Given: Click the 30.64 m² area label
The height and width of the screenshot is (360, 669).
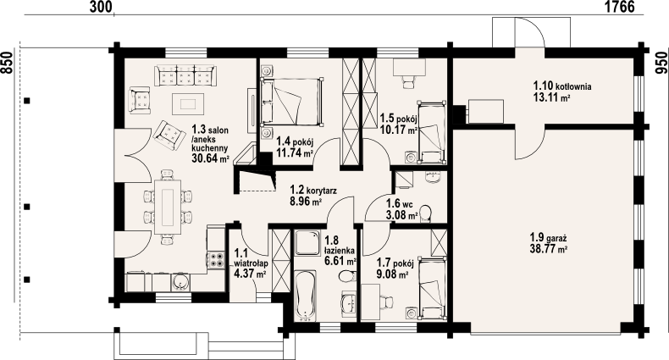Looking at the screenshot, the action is pyautogui.click(x=211, y=158).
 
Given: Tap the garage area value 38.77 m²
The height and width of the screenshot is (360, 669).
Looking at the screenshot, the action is pyautogui.click(x=548, y=249).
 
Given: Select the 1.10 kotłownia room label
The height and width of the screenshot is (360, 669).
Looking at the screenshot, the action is pyautogui.click(x=562, y=86).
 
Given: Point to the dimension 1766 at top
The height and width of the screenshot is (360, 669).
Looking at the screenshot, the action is pyautogui.click(x=619, y=7).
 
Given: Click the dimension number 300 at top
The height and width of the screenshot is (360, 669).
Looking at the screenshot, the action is pyautogui.click(x=102, y=7).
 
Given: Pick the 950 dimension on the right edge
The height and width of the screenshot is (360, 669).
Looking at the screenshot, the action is pyautogui.click(x=661, y=63).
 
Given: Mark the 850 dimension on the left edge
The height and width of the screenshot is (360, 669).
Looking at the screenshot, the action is pyautogui.click(x=7, y=63).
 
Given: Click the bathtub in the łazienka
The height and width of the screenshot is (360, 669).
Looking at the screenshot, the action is pyautogui.click(x=305, y=295).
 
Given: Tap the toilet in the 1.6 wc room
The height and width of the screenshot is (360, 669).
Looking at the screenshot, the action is pyautogui.click(x=425, y=213).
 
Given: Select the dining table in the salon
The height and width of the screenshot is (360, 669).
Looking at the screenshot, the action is pyautogui.click(x=168, y=207).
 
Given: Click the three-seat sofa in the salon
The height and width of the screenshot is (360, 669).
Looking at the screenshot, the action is pyautogui.click(x=185, y=75).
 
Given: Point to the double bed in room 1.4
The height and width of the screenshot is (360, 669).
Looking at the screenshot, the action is pyautogui.click(x=292, y=102).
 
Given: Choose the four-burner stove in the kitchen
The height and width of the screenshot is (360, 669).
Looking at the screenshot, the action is pyautogui.click(x=216, y=260).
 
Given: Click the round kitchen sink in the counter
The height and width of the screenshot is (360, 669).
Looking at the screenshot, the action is pyautogui.click(x=181, y=282).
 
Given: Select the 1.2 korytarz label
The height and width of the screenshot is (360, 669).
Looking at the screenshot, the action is pyautogui.click(x=313, y=191).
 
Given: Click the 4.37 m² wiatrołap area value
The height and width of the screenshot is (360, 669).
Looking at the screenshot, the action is pyautogui.click(x=251, y=274).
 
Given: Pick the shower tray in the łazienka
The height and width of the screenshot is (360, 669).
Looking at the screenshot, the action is pyautogui.click(x=307, y=244).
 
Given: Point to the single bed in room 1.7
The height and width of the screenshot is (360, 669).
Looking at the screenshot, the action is pyautogui.click(x=432, y=288).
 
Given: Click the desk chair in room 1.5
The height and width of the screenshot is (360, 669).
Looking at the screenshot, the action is pyautogui.click(x=409, y=81).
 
